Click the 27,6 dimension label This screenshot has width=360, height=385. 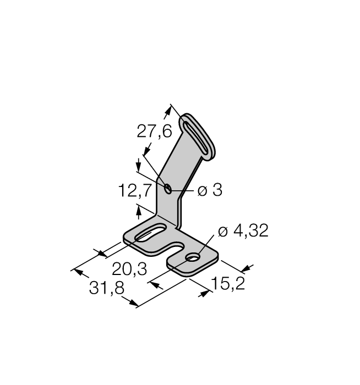[x=154, y=131]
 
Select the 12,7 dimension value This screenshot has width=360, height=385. [x=134, y=190]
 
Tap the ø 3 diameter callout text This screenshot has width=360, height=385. [x=210, y=190]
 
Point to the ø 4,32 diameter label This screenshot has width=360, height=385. [x=243, y=231]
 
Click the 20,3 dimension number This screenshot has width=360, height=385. [x=129, y=269]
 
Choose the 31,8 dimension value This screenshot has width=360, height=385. [x=107, y=288]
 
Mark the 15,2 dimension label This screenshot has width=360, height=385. [x=228, y=283]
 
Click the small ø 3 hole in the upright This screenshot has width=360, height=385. [x=168, y=188]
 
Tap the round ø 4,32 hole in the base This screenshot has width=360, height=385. [x=193, y=257]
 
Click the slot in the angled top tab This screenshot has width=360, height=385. [x=196, y=137]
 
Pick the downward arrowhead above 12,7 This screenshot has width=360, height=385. [x=139, y=165]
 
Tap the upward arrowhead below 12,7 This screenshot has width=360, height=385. [x=139, y=213]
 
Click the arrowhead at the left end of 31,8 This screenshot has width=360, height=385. [x=81, y=273]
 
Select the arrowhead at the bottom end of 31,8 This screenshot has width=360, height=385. [x=130, y=302]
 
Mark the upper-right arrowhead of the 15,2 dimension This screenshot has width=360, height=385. [x=247, y=268]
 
